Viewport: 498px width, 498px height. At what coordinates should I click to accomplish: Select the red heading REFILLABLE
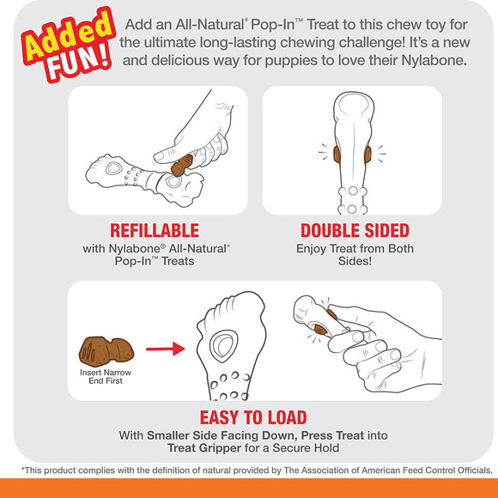click(155, 231)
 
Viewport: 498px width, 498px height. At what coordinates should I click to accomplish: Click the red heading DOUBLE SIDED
click(355, 231)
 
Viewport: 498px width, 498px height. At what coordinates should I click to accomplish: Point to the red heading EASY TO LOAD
click(253, 417)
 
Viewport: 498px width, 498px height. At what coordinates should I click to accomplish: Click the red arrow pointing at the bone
click(166, 349)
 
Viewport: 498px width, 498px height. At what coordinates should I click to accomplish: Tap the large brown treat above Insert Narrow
click(106, 351)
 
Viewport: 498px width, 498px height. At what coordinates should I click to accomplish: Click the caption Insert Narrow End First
click(106, 376)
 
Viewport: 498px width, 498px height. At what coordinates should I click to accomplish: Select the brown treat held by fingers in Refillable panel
click(182, 165)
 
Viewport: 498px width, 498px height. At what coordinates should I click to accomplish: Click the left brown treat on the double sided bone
click(337, 155)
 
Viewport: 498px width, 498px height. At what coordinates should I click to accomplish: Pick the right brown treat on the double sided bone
click(367, 155)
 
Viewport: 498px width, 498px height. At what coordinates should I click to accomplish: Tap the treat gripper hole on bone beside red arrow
click(224, 345)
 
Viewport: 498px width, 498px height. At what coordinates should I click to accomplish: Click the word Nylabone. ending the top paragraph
click(434, 60)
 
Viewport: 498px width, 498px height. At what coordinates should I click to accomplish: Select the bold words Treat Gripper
click(204, 448)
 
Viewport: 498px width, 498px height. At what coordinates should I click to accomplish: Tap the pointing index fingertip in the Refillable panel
click(159, 156)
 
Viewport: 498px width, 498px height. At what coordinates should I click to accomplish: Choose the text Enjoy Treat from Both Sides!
click(355, 255)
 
